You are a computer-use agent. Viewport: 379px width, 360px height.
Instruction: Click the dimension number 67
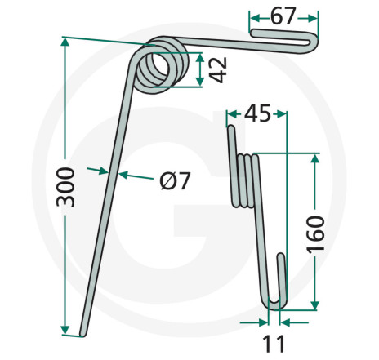click(x=283, y=16)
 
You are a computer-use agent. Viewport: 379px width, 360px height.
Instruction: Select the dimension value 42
click(x=219, y=70)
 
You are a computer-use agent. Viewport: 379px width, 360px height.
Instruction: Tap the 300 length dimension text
click(x=65, y=187)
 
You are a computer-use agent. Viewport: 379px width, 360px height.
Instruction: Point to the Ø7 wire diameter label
click(x=175, y=181)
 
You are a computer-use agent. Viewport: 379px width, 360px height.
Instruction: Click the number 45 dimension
click(x=257, y=113)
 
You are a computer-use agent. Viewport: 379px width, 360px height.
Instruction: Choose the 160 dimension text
click(x=315, y=234)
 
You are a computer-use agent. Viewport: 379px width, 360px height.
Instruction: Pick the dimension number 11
click(x=274, y=344)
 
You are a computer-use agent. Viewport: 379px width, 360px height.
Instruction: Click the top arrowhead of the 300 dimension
click(x=65, y=42)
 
